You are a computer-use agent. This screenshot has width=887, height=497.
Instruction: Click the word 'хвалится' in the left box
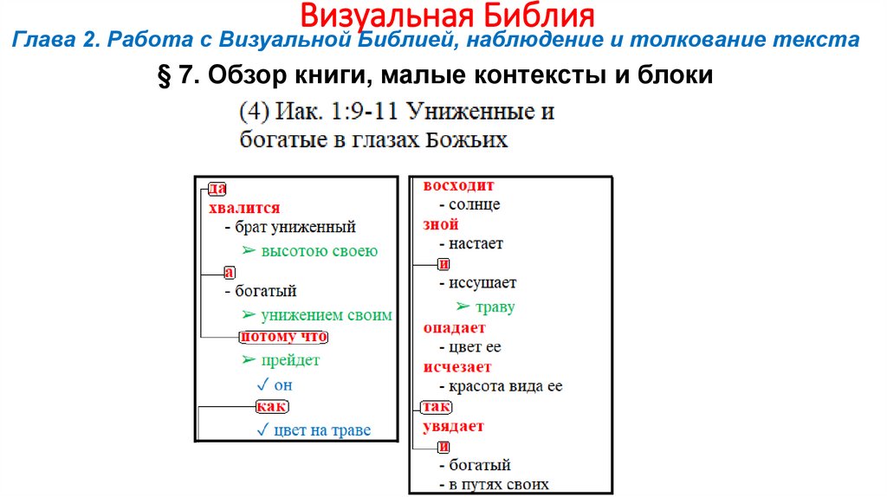(x=244, y=208)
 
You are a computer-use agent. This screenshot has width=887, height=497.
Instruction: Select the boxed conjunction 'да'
(x=217, y=187)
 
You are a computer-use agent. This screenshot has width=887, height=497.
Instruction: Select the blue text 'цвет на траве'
(x=321, y=430)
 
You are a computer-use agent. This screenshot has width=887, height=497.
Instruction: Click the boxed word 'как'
(x=272, y=406)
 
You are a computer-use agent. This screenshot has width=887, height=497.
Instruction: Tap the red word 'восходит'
(x=458, y=185)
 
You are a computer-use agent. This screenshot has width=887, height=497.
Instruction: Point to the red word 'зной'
(x=441, y=224)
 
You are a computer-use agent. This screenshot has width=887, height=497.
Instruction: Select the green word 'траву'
(x=495, y=307)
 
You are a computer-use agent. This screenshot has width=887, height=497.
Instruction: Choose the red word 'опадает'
(x=455, y=328)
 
